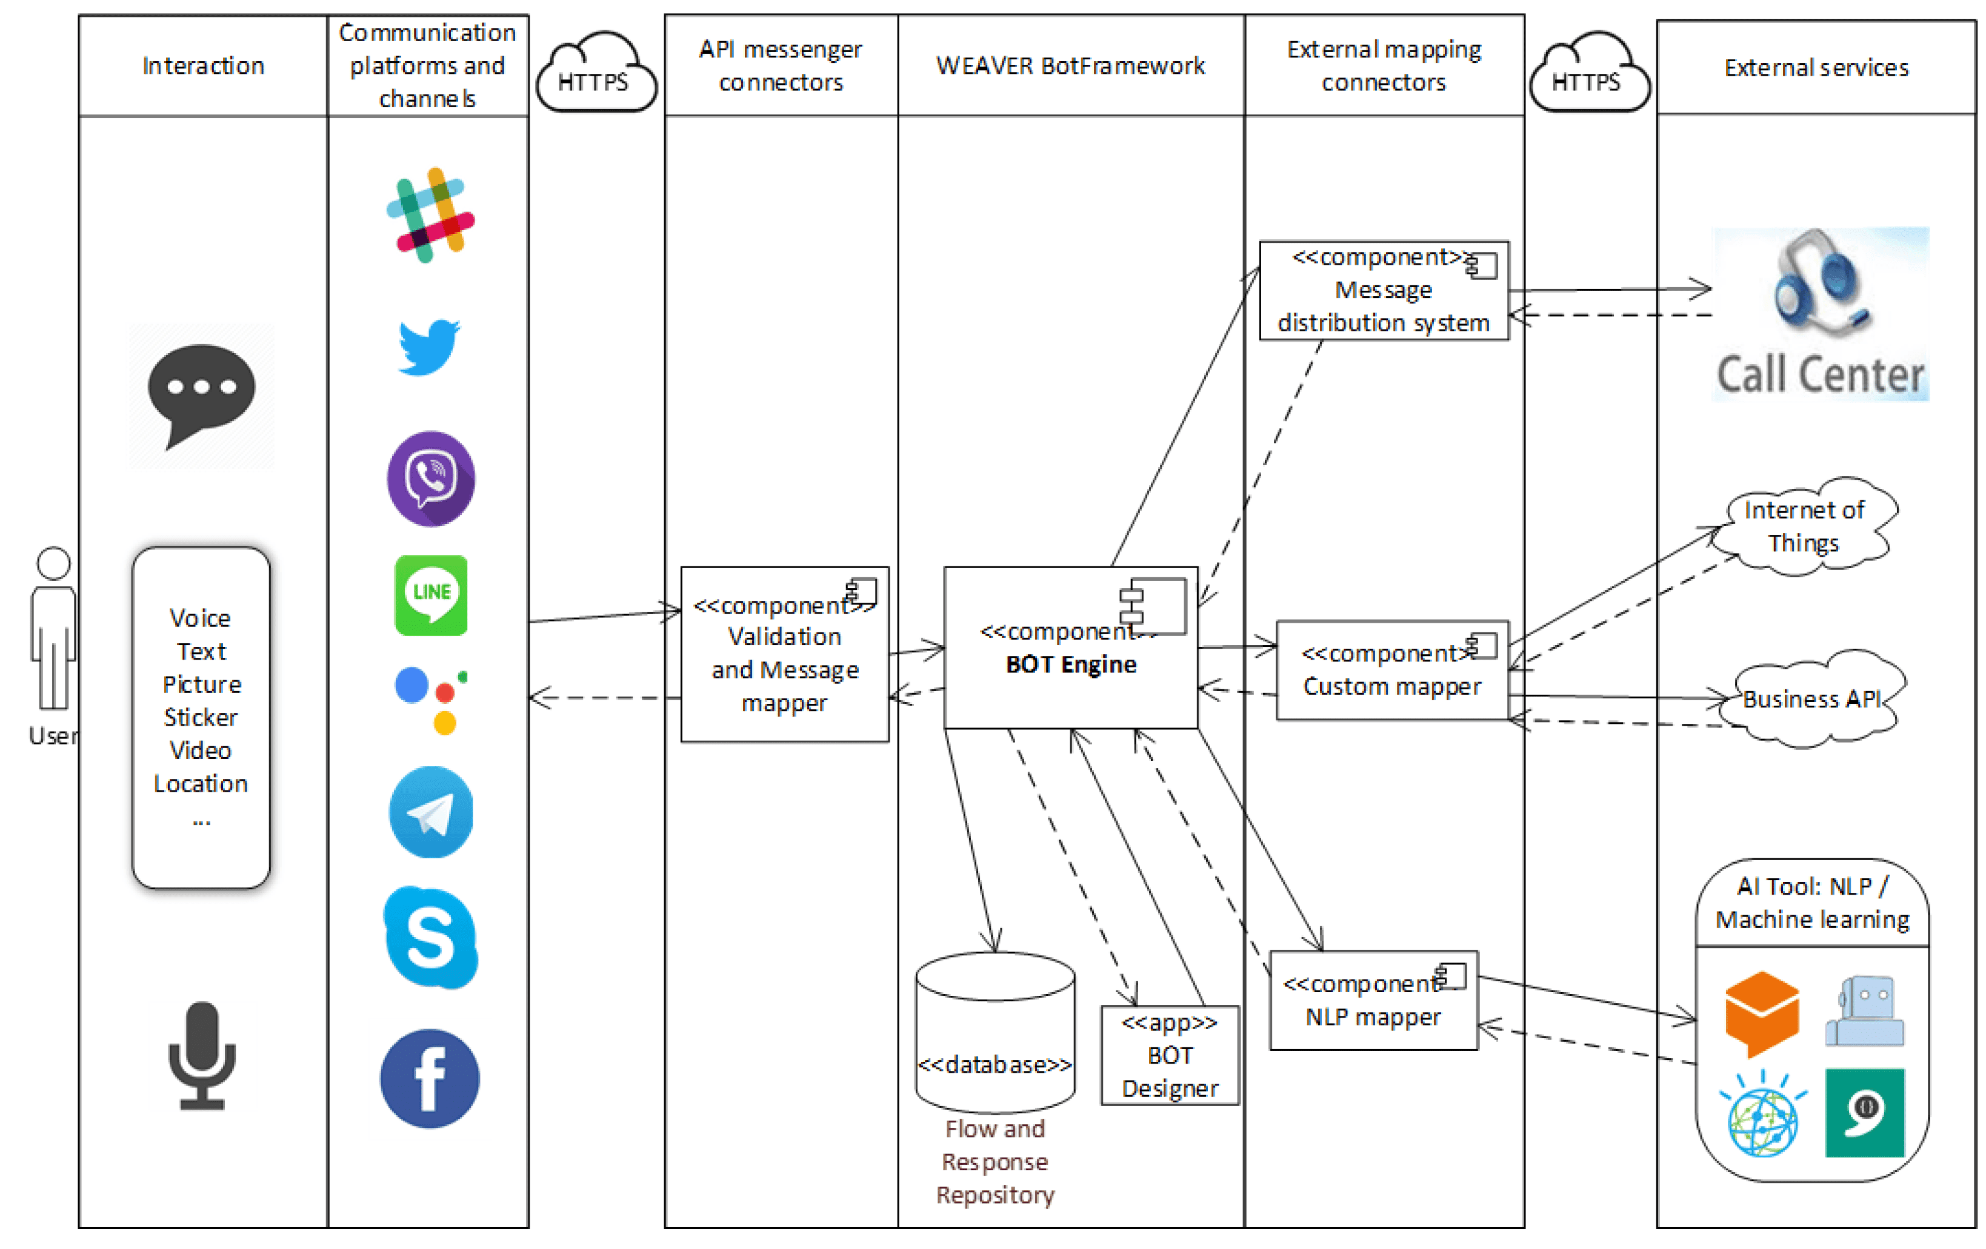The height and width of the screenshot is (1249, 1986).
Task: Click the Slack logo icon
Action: click(x=430, y=215)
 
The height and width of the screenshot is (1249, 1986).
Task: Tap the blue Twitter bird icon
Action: click(x=429, y=346)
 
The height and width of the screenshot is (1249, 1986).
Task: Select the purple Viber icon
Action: click(x=430, y=478)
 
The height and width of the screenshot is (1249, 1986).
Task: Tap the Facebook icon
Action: click(x=430, y=1078)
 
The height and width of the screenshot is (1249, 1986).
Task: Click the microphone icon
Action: click(x=202, y=1055)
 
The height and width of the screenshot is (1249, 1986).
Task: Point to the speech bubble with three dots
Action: click(x=202, y=394)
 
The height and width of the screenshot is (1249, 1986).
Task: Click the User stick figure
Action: click(x=53, y=631)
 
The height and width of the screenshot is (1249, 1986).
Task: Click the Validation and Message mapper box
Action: click(x=784, y=654)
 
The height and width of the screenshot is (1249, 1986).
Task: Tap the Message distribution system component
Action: click(x=1384, y=290)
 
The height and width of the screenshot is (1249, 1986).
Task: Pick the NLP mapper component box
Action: click(x=1373, y=1000)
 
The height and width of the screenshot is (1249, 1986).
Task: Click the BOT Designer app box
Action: click(x=1170, y=1055)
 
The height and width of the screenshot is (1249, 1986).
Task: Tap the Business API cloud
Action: click(x=1813, y=699)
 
